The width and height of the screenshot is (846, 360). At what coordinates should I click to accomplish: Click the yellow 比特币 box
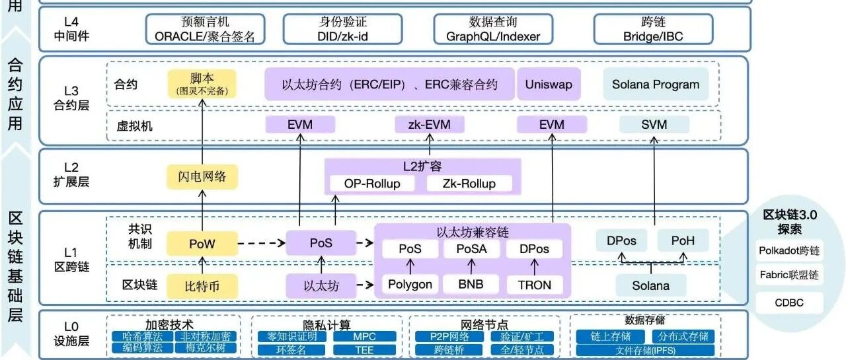point(202,285)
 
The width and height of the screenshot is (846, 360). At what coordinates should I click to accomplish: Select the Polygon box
point(410,285)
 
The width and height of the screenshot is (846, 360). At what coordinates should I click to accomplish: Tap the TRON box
point(535,285)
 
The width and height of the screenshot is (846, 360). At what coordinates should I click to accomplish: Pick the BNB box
point(471,285)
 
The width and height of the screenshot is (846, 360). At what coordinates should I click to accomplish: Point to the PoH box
point(683,241)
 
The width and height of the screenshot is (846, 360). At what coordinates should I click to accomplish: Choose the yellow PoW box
point(202,244)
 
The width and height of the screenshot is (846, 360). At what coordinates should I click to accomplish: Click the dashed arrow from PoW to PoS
point(260,244)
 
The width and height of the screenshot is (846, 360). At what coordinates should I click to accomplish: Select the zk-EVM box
point(430,125)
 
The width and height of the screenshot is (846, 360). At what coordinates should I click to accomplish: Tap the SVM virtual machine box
point(654,125)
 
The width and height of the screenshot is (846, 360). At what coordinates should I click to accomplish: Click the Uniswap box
point(549,85)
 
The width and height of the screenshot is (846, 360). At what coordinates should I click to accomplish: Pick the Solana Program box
point(655,85)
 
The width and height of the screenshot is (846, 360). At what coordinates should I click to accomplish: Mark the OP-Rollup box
point(372,184)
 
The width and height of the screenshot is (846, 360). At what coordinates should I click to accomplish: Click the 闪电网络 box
point(202,176)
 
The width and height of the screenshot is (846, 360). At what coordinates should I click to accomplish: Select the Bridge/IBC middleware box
point(653,30)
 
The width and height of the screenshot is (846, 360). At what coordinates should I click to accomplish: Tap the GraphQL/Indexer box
point(493,30)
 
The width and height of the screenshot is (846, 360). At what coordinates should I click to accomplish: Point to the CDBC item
point(789,303)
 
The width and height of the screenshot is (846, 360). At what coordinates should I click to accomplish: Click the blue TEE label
point(364,349)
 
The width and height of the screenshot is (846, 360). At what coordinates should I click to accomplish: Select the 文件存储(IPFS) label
point(644,349)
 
